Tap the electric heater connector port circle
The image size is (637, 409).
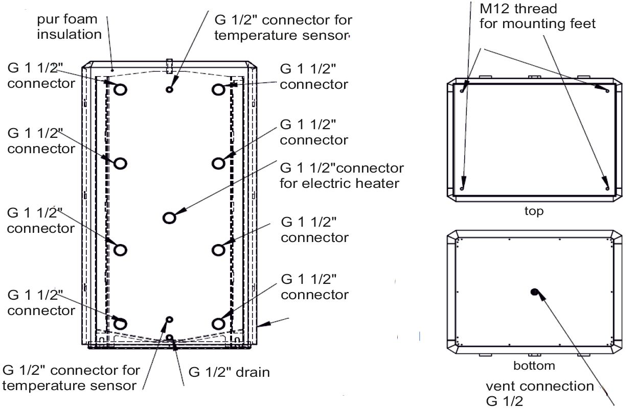169,218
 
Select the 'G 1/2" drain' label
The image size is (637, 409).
229,372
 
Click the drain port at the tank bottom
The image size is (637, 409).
170,338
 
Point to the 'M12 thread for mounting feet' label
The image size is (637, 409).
537,16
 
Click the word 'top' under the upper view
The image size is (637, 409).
534,211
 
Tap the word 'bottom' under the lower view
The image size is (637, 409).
534,366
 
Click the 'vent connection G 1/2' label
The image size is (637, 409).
539,393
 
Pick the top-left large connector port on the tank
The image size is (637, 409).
120,90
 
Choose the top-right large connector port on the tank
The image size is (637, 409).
218,90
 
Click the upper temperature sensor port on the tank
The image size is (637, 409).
169,90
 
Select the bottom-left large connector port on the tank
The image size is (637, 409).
120,323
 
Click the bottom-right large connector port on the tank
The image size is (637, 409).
218,323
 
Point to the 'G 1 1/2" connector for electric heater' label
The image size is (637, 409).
342,175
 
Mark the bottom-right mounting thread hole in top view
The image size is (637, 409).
606,188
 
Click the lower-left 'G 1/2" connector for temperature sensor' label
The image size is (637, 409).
71,377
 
